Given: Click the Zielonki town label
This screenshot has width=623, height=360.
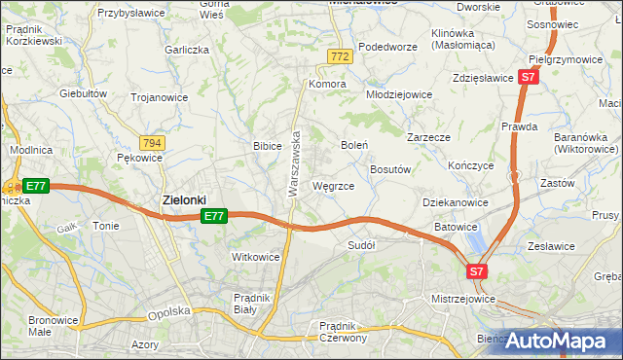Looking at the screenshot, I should [x=183, y=199].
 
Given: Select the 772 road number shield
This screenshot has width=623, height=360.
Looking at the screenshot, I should [x=340, y=58].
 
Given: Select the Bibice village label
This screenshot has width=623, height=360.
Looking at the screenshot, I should [x=267, y=146].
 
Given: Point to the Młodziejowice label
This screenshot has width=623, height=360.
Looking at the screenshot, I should [x=398, y=95].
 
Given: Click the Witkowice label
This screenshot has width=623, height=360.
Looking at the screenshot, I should [x=255, y=257].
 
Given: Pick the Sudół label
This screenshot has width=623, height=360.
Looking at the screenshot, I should [x=361, y=246].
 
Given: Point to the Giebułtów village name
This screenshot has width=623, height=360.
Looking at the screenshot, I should [x=83, y=93].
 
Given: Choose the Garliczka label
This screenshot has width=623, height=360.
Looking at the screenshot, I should [x=188, y=49].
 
